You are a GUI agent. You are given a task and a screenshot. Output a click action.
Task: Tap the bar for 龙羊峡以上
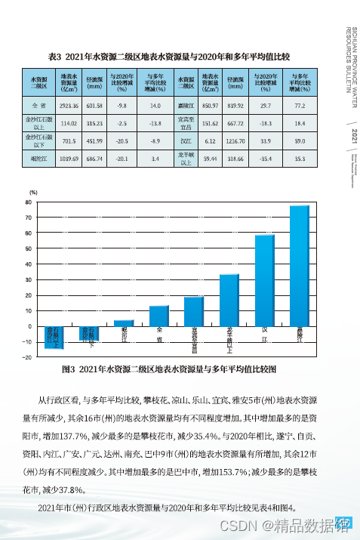[x=229, y=300]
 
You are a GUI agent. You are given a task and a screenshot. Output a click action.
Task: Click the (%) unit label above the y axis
[x=33, y=193]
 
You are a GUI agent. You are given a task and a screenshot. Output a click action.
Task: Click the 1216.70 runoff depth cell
[x=235, y=140]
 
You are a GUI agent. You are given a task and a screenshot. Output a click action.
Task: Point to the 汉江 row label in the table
[x=185, y=140]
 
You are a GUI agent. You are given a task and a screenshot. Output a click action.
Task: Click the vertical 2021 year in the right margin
[x=344, y=137]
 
